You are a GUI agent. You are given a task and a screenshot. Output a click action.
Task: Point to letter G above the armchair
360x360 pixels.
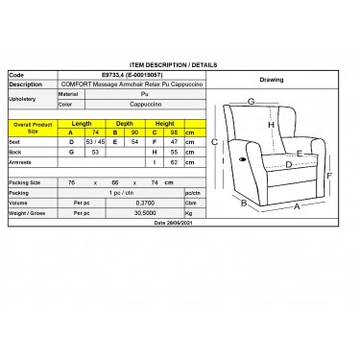click(251, 101)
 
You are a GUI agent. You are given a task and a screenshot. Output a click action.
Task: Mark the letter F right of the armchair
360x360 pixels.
click(329, 176)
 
